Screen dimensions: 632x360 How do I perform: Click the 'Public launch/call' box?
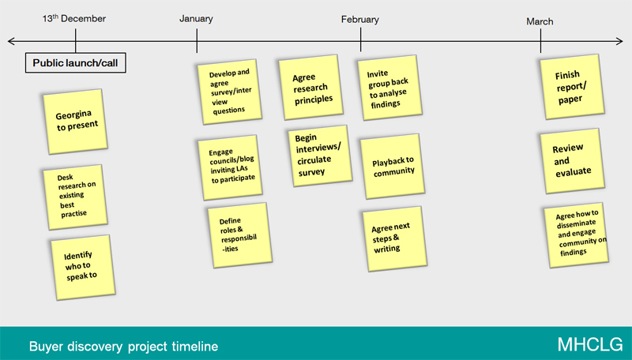click(x=75, y=63)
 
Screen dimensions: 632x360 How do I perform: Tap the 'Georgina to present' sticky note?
click(x=75, y=122)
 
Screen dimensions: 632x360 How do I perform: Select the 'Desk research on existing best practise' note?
click(x=75, y=197)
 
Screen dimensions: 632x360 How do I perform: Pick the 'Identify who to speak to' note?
click(x=83, y=268)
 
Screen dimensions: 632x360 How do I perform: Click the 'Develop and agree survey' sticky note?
click(x=229, y=92)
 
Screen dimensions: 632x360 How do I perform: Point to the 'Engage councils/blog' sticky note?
click(x=230, y=167)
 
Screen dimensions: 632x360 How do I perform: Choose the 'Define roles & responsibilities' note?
click(x=240, y=235)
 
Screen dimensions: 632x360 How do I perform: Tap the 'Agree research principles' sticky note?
click(x=310, y=88)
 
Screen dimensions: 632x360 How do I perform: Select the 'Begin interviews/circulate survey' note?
click(x=320, y=156)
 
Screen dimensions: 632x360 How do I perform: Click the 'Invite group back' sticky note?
click(x=389, y=88)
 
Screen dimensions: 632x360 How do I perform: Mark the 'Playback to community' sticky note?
click(x=393, y=167)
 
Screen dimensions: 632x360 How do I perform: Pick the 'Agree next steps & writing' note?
click(x=394, y=238)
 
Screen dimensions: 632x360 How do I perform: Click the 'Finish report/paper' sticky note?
click(x=572, y=87)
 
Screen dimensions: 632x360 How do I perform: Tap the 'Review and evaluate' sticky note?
click(x=572, y=161)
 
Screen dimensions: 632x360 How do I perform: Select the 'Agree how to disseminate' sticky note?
click(x=577, y=235)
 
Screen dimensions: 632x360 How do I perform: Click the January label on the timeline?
click(x=196, y=19)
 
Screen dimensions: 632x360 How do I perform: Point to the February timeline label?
click(x=360, y=20)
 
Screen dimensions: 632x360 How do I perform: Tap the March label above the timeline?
click(x=540, y=22)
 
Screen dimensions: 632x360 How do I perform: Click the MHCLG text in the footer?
click(x=590, y=345)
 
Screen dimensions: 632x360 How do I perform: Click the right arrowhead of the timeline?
click(x=620, y=41)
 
